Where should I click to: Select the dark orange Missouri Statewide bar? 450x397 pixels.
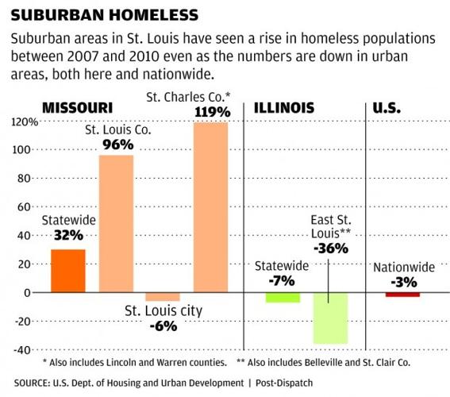(x=67, y=271)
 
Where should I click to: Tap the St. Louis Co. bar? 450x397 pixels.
(x=115, y=223)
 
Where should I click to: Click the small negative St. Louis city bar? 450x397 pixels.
(x=162, y=297)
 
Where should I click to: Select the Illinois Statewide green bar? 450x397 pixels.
(x=283, y=298)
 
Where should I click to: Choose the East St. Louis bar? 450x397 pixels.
(x=329, y=318)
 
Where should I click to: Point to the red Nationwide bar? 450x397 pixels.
(x=402, y=295)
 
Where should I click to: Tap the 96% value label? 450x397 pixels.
(x=116, y=145)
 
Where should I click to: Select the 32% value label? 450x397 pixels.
(x=68, y=235)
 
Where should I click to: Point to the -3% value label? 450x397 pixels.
(x=403, y=281)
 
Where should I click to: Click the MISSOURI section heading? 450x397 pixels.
(x=76, y=107)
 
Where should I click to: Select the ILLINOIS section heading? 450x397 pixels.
(x=283, y=107)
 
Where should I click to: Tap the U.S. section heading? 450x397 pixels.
(x=389, y=107)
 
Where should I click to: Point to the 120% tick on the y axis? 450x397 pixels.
(x=24, y=121)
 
